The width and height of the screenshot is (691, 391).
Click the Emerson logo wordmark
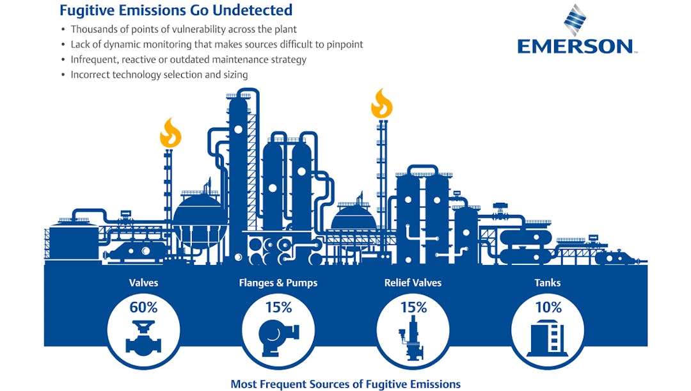(575, 47)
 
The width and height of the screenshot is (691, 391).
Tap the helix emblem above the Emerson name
(575, 20)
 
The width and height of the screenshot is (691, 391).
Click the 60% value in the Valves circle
(143, 307)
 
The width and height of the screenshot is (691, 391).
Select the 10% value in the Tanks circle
(548, 307)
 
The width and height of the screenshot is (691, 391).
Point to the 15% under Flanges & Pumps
(278, 307)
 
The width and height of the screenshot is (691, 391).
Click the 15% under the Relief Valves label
(413, 307)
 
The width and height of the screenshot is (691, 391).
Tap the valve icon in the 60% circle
(143, 338)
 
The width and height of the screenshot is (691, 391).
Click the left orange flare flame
(170, 133)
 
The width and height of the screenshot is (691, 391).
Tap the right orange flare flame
(382, 104)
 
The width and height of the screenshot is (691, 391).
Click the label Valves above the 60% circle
(143, 282)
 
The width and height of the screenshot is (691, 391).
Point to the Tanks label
(548, 282)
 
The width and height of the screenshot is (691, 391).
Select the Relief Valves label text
(413, 282)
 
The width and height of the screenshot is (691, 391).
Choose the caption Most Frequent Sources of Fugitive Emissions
(345, 384)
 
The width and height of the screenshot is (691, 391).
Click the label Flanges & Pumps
(278, 282)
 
